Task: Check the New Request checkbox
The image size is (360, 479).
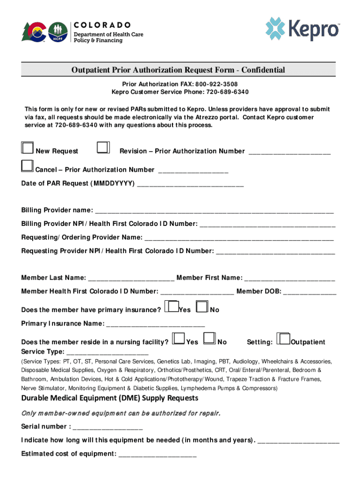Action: pyautogui.click(x=27, y=148)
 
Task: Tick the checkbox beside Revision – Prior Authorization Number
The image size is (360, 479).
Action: pyautogui.click(x=103, y=148)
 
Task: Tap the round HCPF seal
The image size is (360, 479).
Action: pyautogui.click(x=58, y=32)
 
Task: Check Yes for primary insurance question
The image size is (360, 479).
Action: pyautogui.click(x=173, y=307)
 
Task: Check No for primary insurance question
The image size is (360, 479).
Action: pyautogui.click(x=202, y=307)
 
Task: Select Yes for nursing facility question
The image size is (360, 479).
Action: pyautogui.click(x=178, y=339)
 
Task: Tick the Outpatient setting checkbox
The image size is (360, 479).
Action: pyautogui.click(x=283, y=339)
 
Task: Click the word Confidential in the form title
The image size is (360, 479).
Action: pyautogui.click(x=263, y=70)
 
